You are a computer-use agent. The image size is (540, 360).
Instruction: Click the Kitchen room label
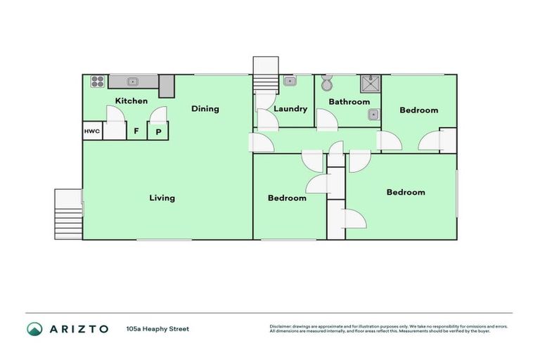(x=131, y=101)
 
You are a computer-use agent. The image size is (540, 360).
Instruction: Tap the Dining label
(x=205, y=109)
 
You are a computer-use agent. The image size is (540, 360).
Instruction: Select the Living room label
(x=162, y=198)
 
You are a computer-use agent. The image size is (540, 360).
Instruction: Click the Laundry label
(x=290, y=109)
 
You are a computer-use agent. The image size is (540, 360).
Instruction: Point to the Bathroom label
(x=349, y=102)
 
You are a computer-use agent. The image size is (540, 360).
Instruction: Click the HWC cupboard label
(x=92, y=131)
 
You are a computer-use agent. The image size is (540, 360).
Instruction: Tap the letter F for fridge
(x=136, y=131)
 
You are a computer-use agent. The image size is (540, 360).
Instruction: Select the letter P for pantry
(x=158, y=131)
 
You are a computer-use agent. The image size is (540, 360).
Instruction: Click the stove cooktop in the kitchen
(x=97, y=82)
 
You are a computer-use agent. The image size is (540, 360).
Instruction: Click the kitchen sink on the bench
(x=131, y=82)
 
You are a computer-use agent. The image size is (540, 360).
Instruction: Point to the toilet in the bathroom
(x=326, y=84)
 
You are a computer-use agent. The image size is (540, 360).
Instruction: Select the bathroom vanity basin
(x=374, y=115)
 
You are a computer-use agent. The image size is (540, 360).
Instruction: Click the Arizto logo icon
(x=34, y=328)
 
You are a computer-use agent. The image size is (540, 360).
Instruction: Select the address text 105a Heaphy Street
(x=157, y=328)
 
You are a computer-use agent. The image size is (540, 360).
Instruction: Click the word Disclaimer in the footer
(x=281, y=326)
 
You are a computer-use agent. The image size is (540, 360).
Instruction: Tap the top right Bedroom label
(x=418, y=110)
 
